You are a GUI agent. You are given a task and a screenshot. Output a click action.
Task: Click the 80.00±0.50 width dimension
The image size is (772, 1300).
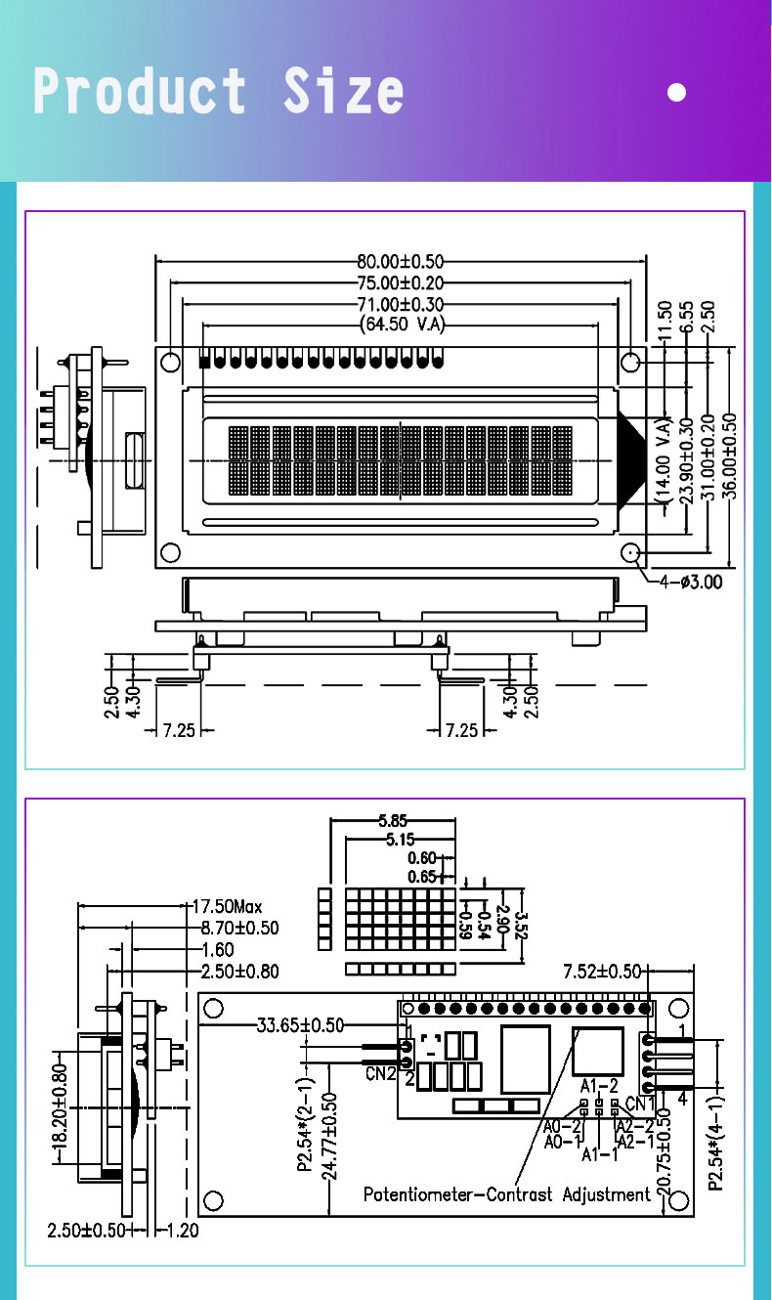point(401,261)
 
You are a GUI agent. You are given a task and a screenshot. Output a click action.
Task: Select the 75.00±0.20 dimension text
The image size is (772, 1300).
point(401,282)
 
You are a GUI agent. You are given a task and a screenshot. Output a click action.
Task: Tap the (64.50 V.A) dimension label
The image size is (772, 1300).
point(401,325)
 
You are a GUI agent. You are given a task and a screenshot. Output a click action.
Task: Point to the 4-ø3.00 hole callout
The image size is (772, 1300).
point(691,583)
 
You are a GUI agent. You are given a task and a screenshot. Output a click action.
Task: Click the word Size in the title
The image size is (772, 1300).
point(343,92)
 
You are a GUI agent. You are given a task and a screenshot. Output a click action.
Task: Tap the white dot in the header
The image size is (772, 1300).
point(676,93)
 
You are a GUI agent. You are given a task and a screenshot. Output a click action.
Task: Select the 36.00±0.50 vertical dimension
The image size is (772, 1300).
point(731,456)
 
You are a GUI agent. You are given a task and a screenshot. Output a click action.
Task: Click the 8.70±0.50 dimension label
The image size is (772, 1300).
point(239,928)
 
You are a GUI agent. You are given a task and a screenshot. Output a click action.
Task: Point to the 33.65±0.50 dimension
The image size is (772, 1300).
point(300,1025)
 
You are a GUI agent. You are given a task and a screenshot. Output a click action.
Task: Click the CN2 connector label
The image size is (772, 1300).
point(381,1074)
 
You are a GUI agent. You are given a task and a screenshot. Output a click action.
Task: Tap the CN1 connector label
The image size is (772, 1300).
point(640,1104)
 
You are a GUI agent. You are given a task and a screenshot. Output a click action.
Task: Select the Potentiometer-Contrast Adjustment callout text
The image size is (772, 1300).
point(506,1194)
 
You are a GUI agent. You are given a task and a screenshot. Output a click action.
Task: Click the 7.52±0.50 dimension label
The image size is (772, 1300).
point(602,971)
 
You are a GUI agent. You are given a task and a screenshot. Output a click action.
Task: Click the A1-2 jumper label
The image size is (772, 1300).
point(599,1085)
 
